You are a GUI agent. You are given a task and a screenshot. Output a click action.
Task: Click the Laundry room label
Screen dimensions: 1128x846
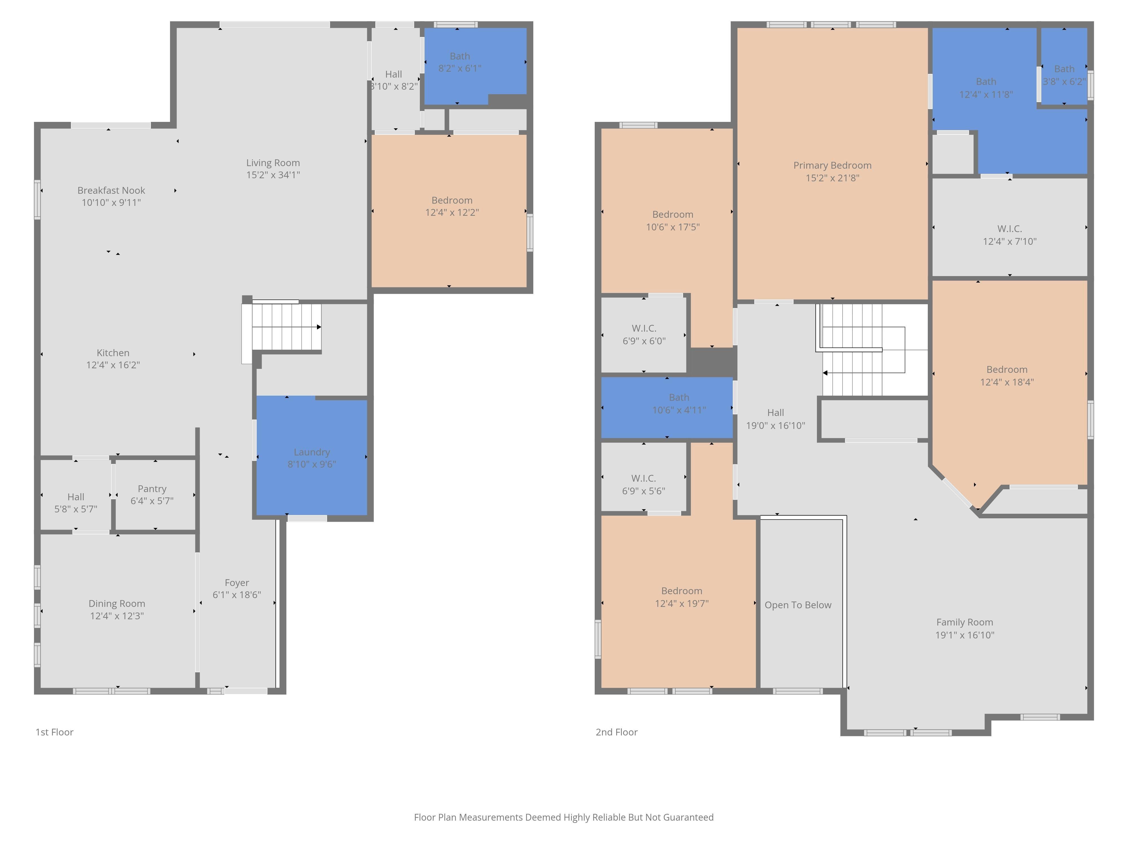(312, 452)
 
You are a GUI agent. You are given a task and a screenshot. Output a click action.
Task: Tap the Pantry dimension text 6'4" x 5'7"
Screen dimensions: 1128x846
(152, 501)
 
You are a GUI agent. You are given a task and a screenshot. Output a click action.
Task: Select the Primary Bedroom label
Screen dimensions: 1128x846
(832, 165)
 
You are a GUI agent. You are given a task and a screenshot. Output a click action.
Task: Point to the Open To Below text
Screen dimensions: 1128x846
(797, 605)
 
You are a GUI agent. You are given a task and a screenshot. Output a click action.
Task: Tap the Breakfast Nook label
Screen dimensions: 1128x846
(111, 190)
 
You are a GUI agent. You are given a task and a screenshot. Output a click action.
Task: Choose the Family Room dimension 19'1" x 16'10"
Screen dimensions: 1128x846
(964, 635)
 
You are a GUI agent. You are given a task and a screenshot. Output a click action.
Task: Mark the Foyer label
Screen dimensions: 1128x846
(237, 583)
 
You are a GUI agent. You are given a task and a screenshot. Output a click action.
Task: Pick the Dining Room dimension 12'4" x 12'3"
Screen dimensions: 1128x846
(117, 616)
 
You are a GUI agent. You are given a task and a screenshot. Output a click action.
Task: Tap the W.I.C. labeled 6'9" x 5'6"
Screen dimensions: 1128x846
(644, 478)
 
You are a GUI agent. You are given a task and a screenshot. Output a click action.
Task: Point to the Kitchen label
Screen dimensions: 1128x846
(113, 353)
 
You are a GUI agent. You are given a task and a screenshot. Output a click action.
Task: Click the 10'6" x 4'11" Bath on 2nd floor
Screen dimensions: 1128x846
(667, 407)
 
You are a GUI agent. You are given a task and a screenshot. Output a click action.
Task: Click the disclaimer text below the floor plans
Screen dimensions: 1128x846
(563, 818)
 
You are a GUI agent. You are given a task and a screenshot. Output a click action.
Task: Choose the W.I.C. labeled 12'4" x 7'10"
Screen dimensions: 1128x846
(1010, 228)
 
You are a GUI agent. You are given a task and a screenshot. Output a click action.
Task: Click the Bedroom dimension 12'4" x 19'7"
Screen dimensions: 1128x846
(682, 603)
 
